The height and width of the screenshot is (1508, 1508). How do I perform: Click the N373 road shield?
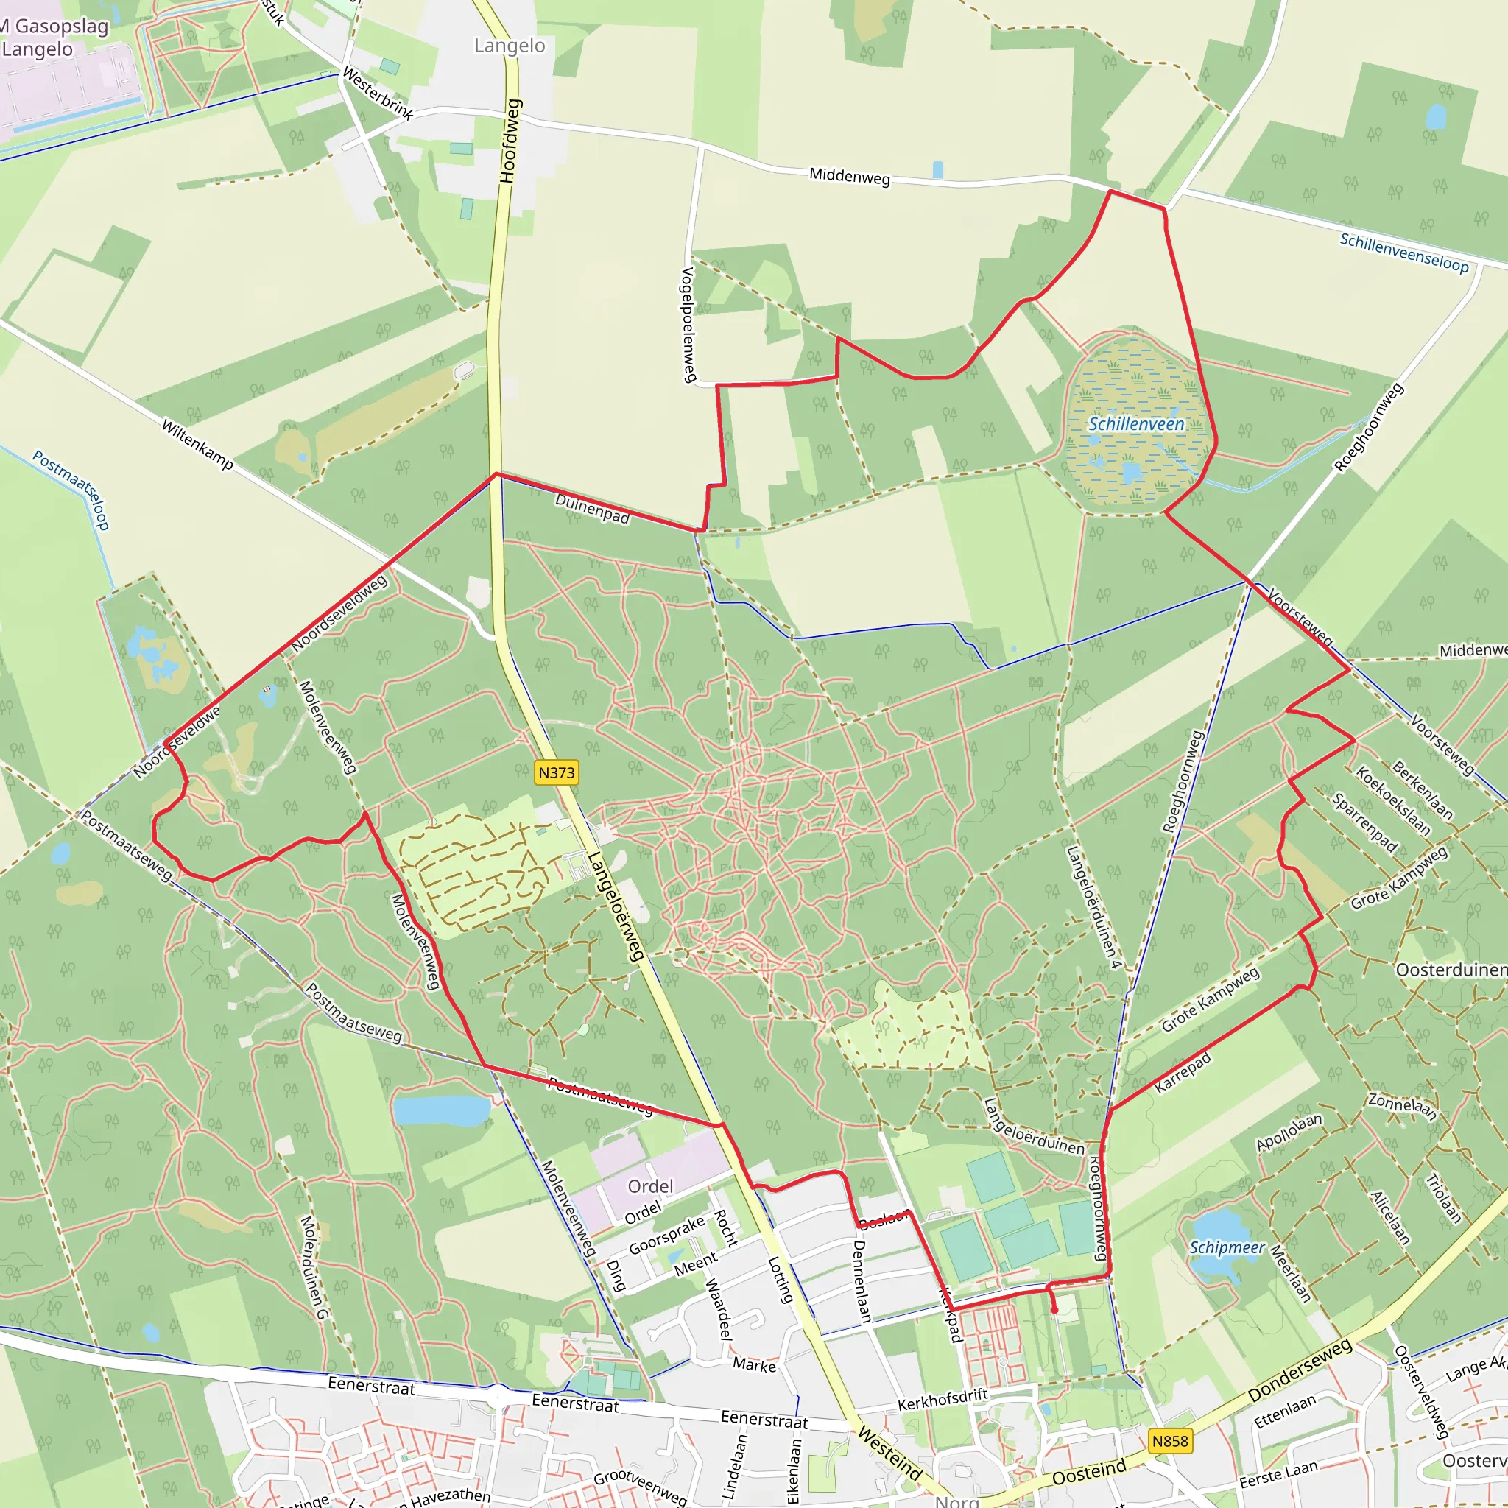tap(557, 772)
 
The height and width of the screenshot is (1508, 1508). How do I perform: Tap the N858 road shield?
tap(1169, 1441)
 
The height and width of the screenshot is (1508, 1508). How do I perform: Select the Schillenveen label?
tap(1136, 424)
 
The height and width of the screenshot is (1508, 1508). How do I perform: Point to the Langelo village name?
tap(510, 45)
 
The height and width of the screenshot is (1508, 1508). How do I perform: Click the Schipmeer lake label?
tap(1226, 1247)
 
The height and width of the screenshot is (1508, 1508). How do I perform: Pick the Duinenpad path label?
tap(593, 508)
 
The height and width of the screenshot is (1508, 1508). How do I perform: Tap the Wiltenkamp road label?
tap(197, 444)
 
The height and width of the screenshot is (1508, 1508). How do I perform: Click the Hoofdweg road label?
tap(509, 141)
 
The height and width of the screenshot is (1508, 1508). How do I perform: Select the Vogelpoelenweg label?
tap(688, 325)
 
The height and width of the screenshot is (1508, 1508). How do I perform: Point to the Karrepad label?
tap(1183, 1072)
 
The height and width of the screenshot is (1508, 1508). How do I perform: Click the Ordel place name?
tap(650, 1186)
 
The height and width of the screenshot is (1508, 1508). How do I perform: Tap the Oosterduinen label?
tap(1451, 970)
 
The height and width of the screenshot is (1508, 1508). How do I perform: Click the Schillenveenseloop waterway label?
tap(1404, 252)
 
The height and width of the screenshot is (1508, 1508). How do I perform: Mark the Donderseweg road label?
tap(1299, 1370)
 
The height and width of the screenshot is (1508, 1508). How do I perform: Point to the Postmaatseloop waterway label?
tap(70, 490)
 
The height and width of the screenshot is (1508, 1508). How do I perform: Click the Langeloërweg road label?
tap(616, 906)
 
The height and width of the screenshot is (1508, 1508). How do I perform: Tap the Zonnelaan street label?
tap(1403, 1105)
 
